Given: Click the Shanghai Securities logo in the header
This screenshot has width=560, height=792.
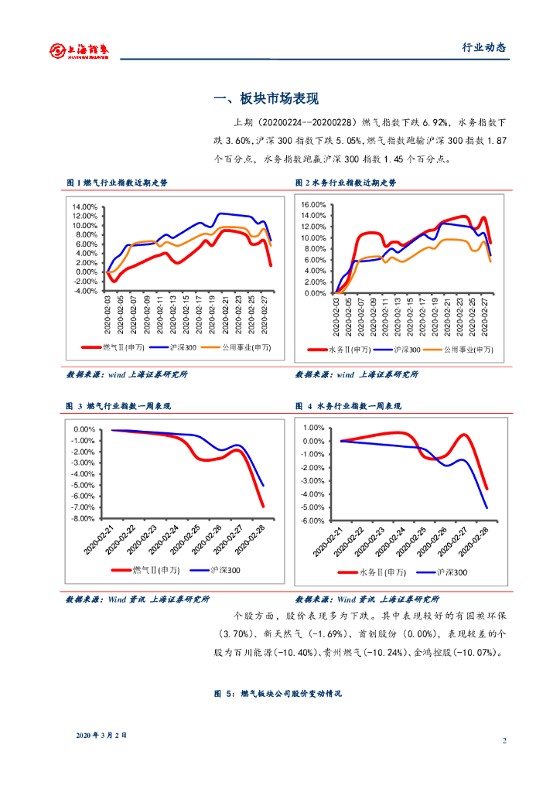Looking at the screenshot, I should coord(80,50).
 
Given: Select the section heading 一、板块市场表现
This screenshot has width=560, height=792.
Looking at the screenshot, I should coord(265,99).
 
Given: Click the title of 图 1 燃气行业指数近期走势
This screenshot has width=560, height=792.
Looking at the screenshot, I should coord(117,183).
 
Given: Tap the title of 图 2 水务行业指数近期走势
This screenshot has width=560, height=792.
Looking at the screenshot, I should coord(346,183).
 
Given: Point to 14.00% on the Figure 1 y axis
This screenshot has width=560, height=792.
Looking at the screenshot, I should coord(86,207).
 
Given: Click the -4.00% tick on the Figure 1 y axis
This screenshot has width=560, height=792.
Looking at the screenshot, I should coord(86,291).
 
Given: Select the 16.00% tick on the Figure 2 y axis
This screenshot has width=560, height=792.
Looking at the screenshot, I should coord(314,205).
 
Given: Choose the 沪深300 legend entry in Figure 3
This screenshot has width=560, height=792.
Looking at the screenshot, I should coord(219,570).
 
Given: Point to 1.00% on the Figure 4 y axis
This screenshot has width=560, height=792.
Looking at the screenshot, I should coord(312,428).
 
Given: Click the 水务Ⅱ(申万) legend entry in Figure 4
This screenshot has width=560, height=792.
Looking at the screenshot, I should coord(374,572).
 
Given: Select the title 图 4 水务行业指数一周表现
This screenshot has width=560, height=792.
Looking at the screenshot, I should coord(348,406).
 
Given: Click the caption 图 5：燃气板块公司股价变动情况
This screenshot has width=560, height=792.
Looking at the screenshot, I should coord(278,695).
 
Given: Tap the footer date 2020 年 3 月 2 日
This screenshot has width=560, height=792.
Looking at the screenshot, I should coord(101,734).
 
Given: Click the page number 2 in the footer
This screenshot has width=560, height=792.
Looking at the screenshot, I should coord(504,741).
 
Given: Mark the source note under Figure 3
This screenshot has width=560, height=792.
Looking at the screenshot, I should coord(138,599).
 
